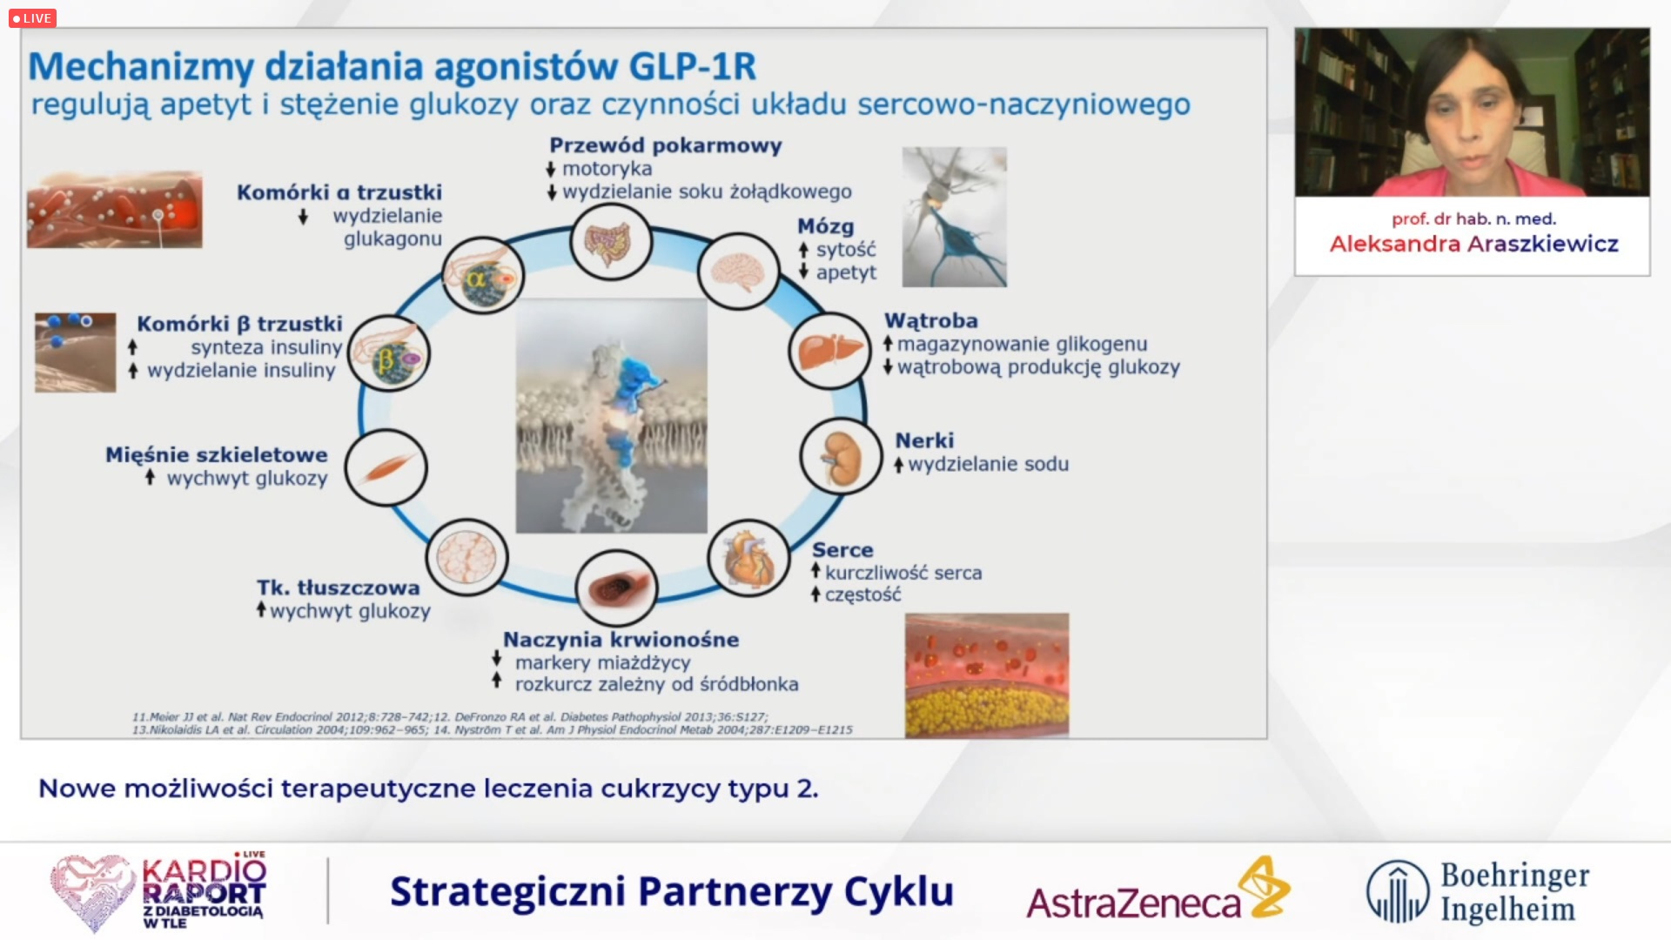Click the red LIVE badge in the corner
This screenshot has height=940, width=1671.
32,18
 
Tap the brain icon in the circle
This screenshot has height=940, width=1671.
739,272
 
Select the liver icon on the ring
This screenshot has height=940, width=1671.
829,351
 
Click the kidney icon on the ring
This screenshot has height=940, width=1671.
841,456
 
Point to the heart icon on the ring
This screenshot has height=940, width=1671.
748,559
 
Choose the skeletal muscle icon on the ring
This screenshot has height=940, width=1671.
386,468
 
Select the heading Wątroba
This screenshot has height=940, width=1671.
931,320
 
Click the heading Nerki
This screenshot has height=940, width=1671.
924,440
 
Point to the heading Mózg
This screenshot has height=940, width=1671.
825,226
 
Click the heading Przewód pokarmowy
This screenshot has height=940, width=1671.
666,145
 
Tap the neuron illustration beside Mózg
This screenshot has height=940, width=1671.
955,217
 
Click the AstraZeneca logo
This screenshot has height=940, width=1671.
1158,890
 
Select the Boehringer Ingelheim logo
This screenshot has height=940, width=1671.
1478,891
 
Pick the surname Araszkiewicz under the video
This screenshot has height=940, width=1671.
1542,244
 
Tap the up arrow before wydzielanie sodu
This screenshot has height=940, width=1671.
899,465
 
